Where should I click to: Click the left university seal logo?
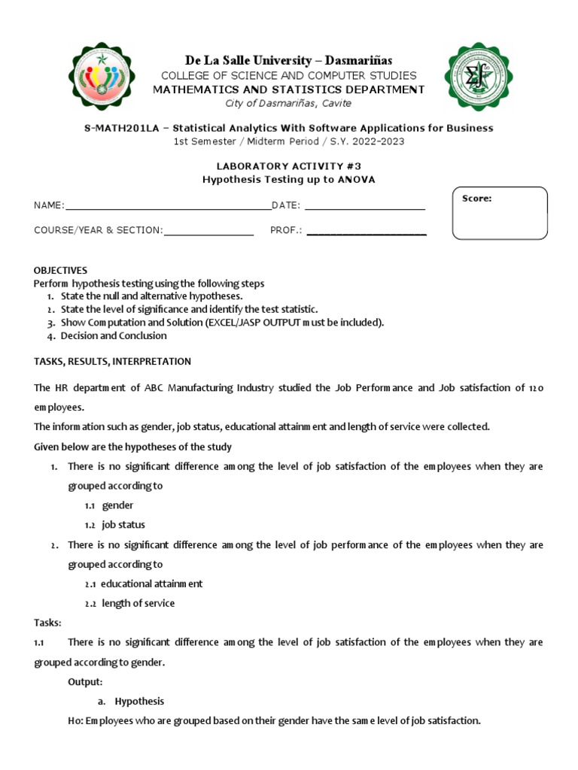(103, 76)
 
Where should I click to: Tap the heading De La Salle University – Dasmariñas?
(289, 60)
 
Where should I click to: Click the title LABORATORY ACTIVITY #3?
(289, 165)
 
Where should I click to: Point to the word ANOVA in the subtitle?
(354, 179)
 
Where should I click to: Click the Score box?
(499, 213)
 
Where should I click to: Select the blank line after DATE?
(364, 206)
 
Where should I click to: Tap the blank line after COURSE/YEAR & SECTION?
(208, 231)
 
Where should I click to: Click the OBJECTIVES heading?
(60, 270)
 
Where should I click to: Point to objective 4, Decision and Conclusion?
(114, 336)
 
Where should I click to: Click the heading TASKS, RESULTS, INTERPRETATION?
(112, 362)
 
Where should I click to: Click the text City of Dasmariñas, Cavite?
(289, 104)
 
